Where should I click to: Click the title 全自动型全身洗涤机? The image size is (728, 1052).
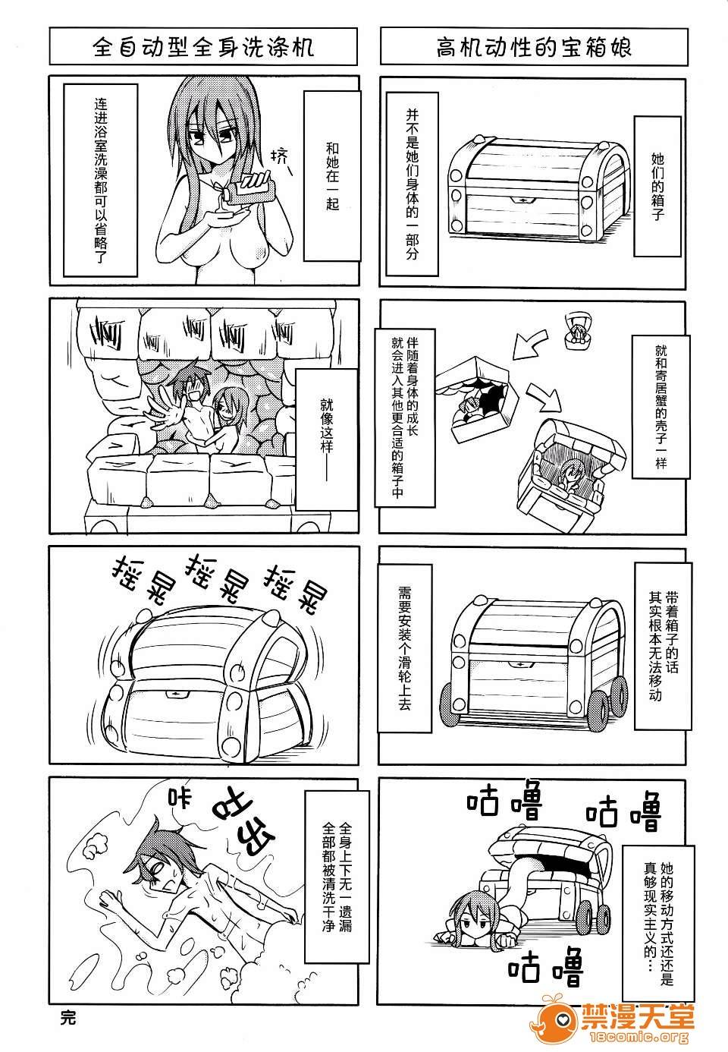(202, 47)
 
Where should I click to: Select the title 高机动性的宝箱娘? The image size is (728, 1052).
(534, 47)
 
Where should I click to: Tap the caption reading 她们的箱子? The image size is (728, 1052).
(657, 186)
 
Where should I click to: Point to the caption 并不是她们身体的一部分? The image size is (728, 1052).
(412, 184)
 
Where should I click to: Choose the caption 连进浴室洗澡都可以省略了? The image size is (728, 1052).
(100, 181)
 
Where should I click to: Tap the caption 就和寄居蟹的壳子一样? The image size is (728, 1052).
(661, 407)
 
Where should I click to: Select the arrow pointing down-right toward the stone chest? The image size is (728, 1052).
(544, 398)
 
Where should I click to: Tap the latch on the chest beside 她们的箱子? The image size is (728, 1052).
(522, 200)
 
